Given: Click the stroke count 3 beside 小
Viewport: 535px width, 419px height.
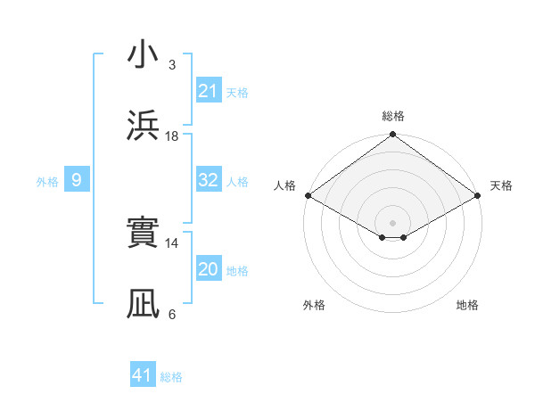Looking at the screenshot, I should pos(172,65).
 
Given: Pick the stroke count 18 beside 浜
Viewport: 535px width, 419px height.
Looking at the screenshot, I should pos(172,136).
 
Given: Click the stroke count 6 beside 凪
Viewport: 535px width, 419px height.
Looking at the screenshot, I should pos(172,314).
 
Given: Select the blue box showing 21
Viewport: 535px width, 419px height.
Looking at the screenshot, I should pos(209,90).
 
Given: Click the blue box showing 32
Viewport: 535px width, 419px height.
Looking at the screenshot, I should pos(209,180).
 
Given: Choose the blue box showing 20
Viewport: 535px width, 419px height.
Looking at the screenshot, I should pos(209,269).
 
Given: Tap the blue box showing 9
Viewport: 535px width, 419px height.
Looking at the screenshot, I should pos(77,180).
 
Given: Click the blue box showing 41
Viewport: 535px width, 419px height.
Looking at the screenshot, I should pos(143,375).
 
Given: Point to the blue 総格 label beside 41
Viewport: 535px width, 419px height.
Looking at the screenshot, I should pos(171,377).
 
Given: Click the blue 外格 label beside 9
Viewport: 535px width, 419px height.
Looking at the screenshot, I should pos(47,182).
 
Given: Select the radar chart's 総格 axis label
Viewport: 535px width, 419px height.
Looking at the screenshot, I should pos(393,116).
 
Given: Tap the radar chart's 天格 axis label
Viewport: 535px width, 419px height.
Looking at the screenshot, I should pos(501,185).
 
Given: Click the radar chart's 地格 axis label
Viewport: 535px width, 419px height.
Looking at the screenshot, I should pos(467,305).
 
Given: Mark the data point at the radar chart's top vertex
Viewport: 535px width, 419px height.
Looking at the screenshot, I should pos(393,136).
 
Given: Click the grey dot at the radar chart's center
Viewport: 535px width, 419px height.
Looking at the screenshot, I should pos(393,222).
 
